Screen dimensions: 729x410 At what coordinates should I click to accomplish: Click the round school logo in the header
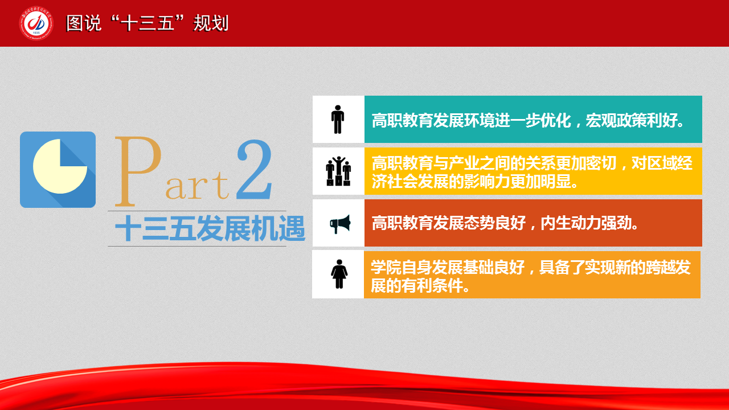tap(36, 23)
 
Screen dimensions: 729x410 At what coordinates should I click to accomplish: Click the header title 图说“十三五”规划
tap(148, 23)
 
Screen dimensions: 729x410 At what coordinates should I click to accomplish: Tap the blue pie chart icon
tap(58, 170)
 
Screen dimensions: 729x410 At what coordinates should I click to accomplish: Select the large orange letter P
tap(138, 171)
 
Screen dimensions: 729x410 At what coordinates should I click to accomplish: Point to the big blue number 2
tap(255, 170)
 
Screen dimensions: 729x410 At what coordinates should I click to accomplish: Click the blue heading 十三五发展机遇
tap(210, 228)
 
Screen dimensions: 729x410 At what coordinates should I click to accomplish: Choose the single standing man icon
tap(338, 120)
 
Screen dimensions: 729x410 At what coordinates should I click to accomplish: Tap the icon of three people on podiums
tap(338, 171)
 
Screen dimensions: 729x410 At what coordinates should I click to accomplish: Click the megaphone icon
tap(340, 224)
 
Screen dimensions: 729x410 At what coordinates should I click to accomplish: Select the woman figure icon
tap(339, 274)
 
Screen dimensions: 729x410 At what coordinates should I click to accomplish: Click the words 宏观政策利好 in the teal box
tap(631, 120)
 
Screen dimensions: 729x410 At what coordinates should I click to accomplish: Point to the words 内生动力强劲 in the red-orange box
tap(586, 223)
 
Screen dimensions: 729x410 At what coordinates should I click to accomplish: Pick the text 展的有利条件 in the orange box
tap(416, 286)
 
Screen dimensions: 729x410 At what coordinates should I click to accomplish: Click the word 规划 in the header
tap(211, 23)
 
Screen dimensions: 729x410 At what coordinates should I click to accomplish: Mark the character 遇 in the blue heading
tap(292, 228)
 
